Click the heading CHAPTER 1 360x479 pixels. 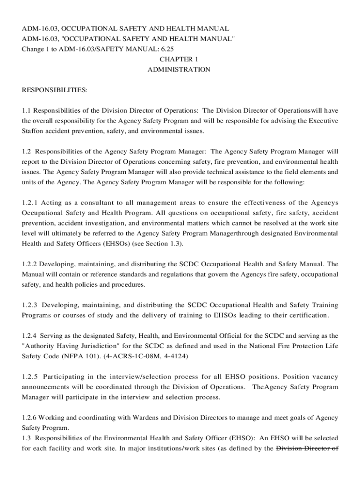(179, 59)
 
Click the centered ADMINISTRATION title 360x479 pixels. (179, 70)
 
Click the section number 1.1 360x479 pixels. (26, 111)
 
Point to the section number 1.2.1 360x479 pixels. (29, 203)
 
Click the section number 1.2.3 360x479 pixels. (29, 305)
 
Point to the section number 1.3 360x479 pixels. (26, 438)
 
